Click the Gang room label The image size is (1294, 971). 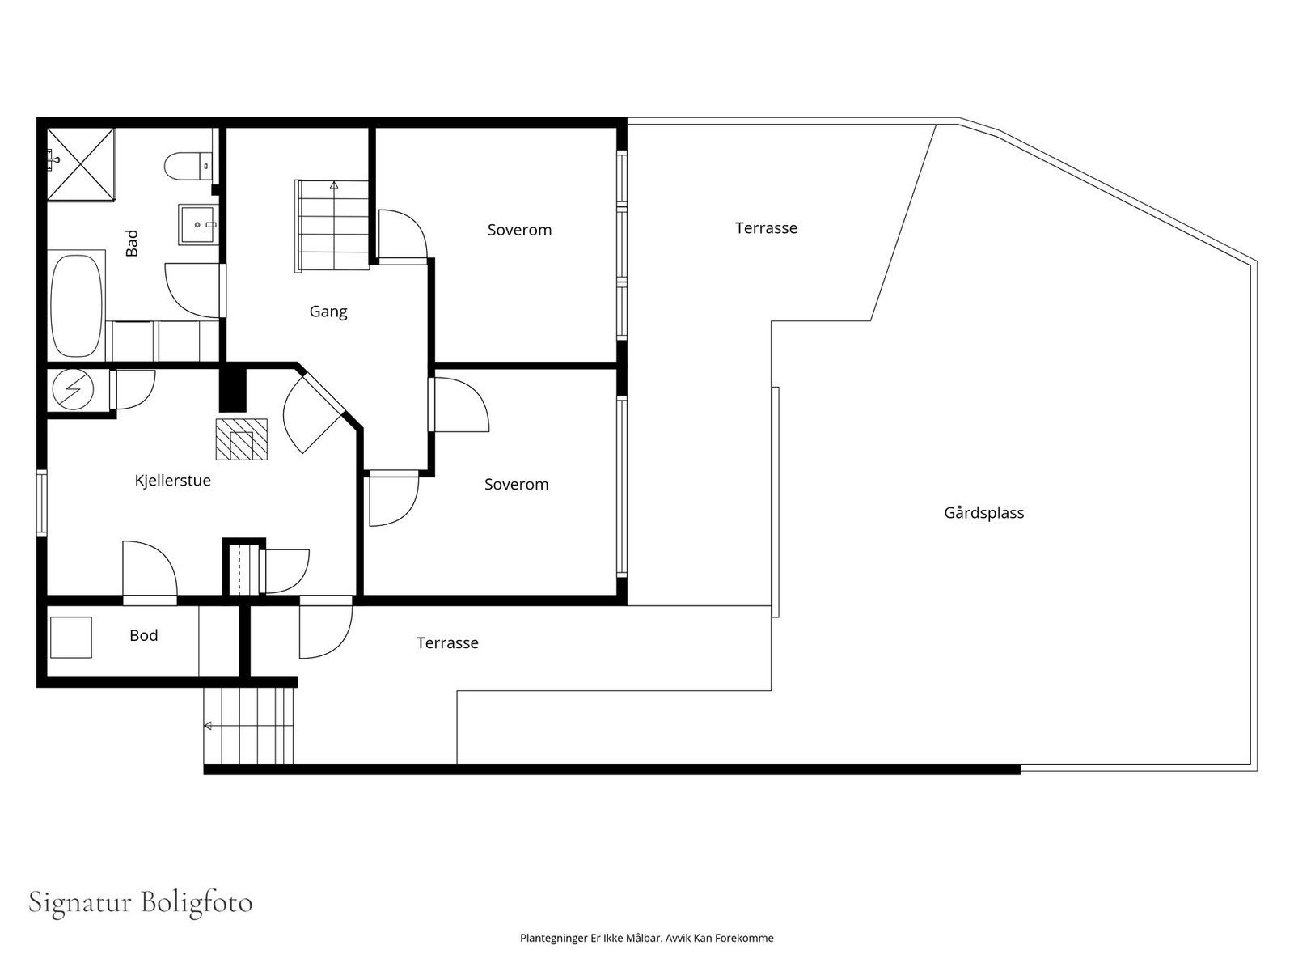328,312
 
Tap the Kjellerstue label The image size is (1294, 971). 173,481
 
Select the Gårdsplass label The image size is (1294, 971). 984,512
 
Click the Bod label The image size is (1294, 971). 144,635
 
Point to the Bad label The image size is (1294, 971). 132,243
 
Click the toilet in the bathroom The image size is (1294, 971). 188,166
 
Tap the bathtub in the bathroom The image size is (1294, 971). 77,305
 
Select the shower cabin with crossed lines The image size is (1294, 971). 81,164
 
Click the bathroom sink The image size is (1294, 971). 198,225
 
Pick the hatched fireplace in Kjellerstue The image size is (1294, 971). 241,439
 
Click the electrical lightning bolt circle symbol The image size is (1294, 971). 73,389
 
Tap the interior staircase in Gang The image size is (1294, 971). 332,226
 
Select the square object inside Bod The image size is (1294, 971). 70,638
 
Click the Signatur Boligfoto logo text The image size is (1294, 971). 140,902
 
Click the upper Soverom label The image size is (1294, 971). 519,230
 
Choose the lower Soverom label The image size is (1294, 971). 517,485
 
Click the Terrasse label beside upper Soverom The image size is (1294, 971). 766,228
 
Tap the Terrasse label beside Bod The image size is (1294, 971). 447,642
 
